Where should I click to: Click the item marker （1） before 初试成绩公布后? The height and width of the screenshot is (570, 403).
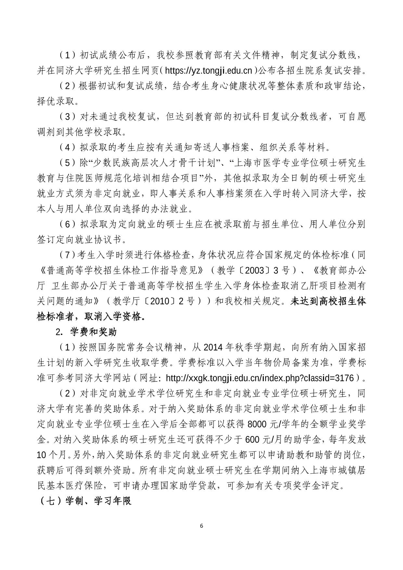(x=68, y=55)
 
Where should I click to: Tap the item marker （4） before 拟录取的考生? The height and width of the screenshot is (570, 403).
(x=68, y=148)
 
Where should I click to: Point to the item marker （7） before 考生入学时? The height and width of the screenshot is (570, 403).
(x=67, y=255)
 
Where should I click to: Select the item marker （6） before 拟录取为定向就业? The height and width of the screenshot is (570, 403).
(x=68, y=224)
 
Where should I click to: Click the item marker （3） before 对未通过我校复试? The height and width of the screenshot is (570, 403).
(x=68, y=116)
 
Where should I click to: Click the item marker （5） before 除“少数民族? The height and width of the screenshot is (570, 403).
(x=68, y=163)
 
